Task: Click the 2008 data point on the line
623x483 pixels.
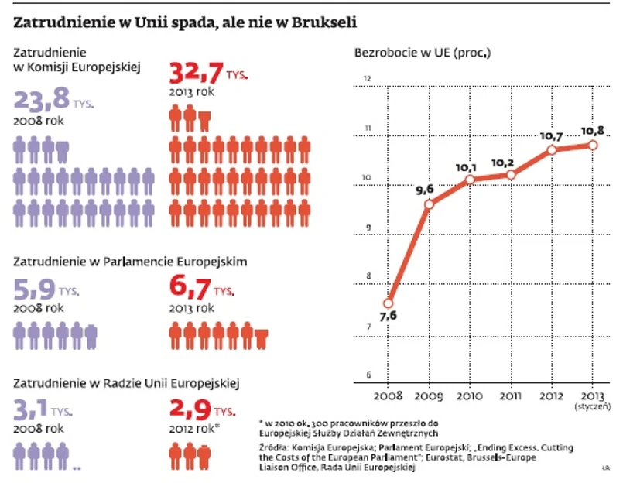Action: [389, 303]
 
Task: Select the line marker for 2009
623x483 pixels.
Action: [430, 204]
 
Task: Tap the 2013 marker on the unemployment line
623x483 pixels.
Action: [593, 145]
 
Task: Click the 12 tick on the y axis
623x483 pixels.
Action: [368, 79]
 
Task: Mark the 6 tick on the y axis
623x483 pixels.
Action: [368, 376]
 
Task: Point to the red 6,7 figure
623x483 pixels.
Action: [189, 289]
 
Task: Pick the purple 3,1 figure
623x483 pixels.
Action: [33, 409]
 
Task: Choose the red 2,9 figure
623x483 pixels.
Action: [187, 409]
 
